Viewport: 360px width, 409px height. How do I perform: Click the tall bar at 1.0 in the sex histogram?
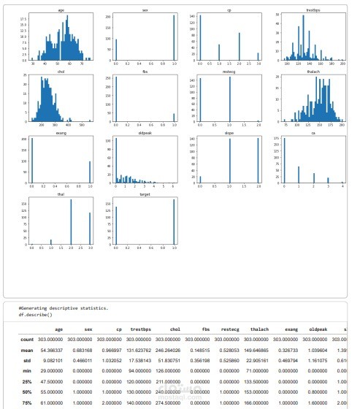[x=175, y=37]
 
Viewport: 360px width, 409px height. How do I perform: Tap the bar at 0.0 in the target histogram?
[x=117, y=227]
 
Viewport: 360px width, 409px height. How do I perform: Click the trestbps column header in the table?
[x=140, y=329]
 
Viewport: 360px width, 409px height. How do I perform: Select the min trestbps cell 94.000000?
[x=139, y=371]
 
